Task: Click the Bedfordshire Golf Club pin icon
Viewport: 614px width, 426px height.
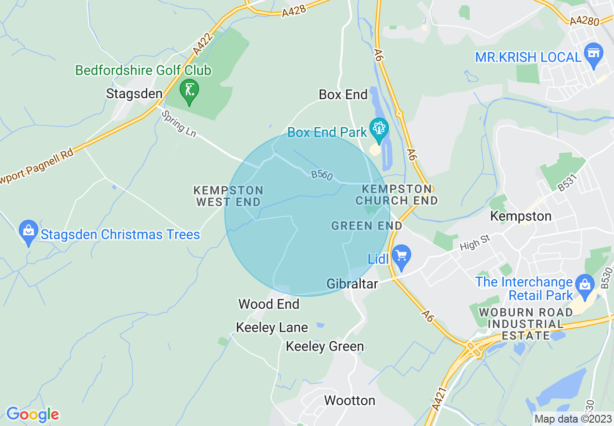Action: click(189, 91)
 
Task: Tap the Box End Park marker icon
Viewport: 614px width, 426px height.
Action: click(379, 129)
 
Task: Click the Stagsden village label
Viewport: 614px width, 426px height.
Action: click(134, 93)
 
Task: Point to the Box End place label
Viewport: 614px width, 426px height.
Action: click(343, 95)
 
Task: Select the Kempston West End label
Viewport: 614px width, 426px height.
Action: click(229, 196)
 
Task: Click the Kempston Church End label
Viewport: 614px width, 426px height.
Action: click(397, 194)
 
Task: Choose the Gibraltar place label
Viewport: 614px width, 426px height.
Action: click(352, 284)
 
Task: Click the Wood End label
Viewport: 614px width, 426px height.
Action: click(269, 304)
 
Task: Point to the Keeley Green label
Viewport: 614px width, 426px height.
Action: click(325, 347)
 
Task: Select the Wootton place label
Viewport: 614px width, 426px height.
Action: click(350, 400)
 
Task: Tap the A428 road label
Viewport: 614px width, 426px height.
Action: click(294, 11)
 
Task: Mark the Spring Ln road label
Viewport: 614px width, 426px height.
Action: click(179, 124)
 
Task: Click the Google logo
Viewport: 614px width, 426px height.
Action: click(32, 414)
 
